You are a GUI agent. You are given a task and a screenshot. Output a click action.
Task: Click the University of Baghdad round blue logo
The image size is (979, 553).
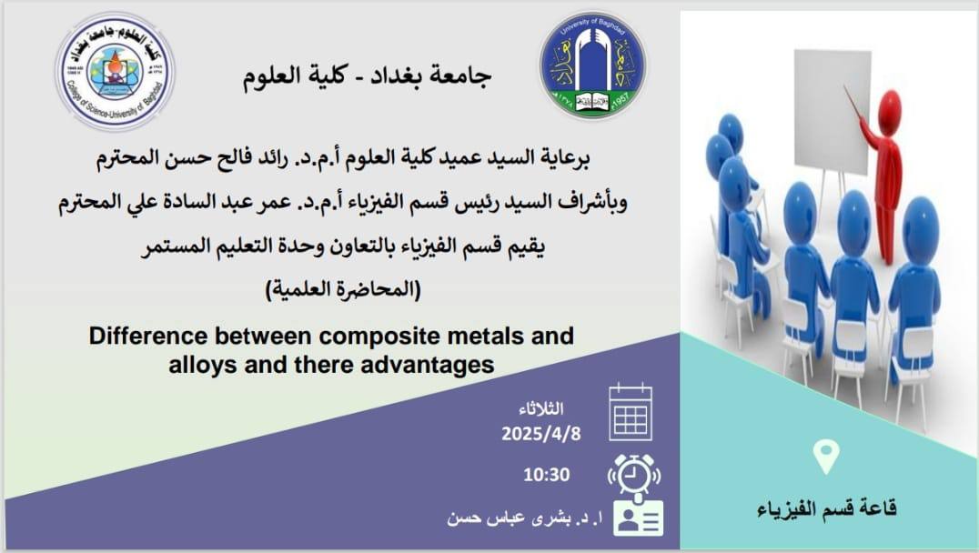[592, 65]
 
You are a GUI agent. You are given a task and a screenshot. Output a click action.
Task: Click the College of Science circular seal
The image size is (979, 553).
[115, 71]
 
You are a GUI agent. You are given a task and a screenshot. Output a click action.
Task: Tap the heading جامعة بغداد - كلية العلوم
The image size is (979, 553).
[368, 76]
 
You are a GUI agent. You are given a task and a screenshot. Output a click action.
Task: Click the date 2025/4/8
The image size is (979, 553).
[540, 433]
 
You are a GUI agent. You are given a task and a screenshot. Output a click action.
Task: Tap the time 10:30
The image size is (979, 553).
[546, 475]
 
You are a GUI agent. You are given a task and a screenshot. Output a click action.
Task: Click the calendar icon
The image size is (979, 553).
[631, 413]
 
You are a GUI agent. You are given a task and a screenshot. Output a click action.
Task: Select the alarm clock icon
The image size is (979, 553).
[634, 475]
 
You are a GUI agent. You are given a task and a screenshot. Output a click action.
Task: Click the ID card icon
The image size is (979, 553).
[638, 518]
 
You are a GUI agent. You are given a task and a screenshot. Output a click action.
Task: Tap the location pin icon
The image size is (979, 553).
[826, 457]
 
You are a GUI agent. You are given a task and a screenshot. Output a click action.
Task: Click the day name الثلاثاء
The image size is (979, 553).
[540, 408]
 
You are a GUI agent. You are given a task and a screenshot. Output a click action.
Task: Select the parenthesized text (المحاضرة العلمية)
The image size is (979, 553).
[343, 289]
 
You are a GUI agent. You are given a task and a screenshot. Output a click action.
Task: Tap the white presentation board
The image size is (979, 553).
[833, 111]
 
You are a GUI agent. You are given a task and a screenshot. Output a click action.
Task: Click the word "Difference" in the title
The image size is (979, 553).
[148, 336]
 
